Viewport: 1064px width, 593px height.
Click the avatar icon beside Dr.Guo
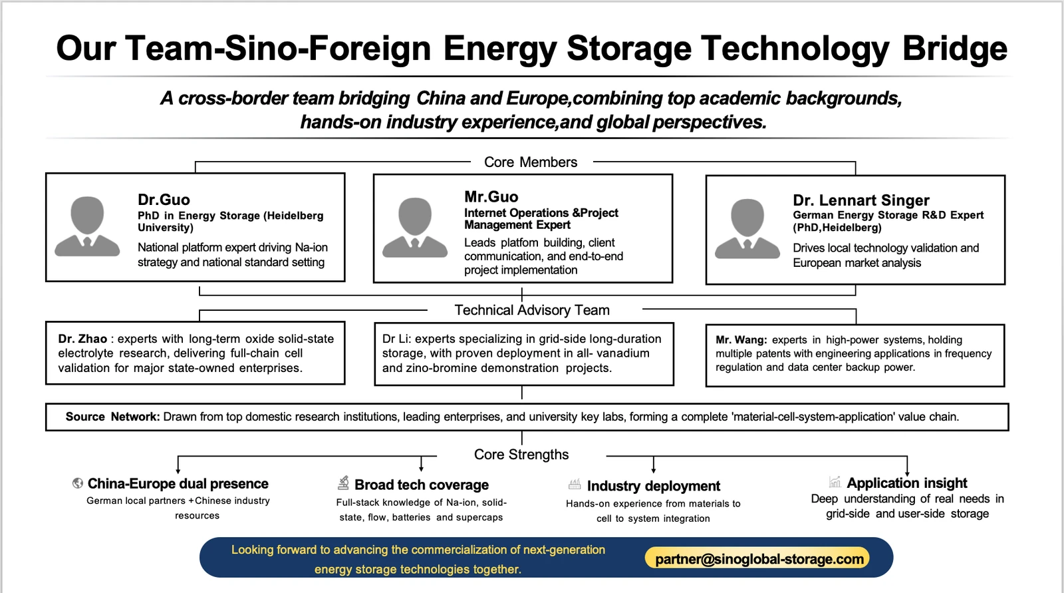pos(87,226)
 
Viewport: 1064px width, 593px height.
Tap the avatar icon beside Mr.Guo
pos(415,228)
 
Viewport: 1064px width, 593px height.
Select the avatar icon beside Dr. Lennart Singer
pos(747,229)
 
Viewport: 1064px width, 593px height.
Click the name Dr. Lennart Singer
pos(861,200)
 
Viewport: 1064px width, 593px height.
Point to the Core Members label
pos(531,162)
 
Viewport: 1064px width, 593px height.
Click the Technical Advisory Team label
pos(532,310)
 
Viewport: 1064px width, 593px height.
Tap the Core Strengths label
pos(521,455)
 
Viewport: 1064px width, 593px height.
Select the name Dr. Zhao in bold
pos(82,339)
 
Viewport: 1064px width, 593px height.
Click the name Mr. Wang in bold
pos(741,340)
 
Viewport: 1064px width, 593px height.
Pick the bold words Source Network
pos(112,417)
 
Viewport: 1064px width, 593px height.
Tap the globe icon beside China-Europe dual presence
pos(77,483)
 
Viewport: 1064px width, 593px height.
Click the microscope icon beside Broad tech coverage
pos(343,483)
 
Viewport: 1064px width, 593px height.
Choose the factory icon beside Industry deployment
pos(575,485)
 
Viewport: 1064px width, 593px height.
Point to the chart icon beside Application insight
pos(835,482)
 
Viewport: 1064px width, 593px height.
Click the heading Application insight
pos(907,483)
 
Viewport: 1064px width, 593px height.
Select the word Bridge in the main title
pos(955,49)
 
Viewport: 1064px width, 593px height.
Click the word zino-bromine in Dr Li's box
pos(446,368)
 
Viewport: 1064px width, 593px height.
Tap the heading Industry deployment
pos(654,486)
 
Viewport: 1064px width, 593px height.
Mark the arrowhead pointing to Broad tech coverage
pos(422,469)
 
